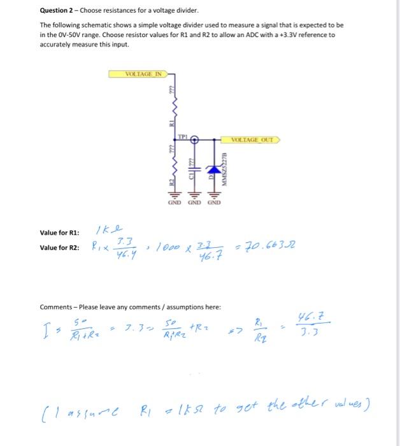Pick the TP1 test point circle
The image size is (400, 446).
(x=195, y=138)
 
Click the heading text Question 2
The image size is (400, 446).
(x=58, y=11)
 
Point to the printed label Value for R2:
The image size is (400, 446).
(x=59, y=247)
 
